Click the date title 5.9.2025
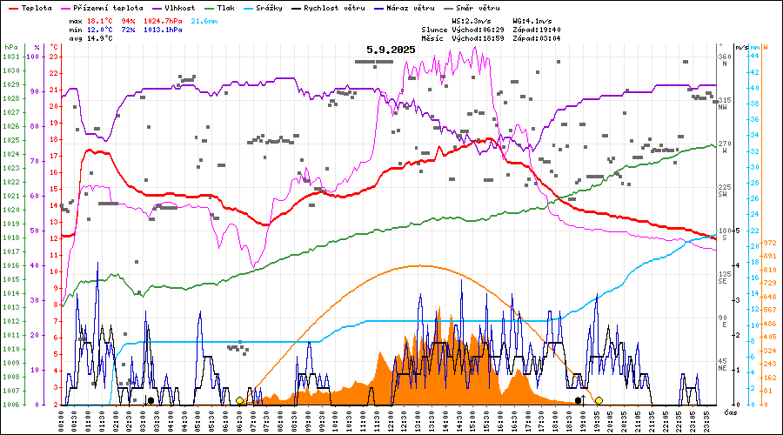point(391,50)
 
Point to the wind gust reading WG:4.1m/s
point(535,19)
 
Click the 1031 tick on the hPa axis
point(10,57)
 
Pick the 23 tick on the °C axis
point(54,57)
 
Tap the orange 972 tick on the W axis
point(769,243)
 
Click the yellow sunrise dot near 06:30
point(239,400)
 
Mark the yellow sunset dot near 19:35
point(599,400)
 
